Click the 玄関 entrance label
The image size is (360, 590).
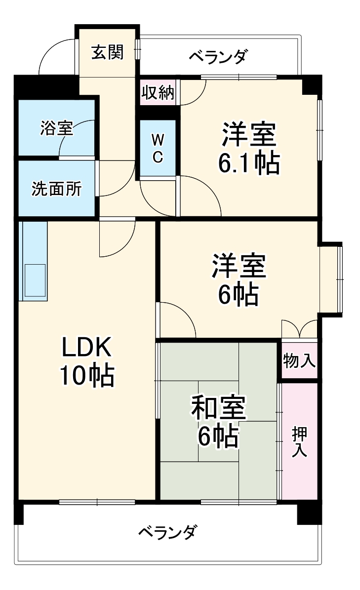pos(107,52)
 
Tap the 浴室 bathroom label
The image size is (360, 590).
pos(56,128)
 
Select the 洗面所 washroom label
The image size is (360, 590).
pos(56,189)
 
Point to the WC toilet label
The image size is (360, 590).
pos(157,148)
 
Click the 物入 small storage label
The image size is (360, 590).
pos(299,361)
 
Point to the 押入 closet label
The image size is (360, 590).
pos(299,442)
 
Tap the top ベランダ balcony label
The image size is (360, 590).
pos(218,57)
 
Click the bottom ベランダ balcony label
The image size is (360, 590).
pos(169,533)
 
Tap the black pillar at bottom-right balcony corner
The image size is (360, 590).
pos(309,513)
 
